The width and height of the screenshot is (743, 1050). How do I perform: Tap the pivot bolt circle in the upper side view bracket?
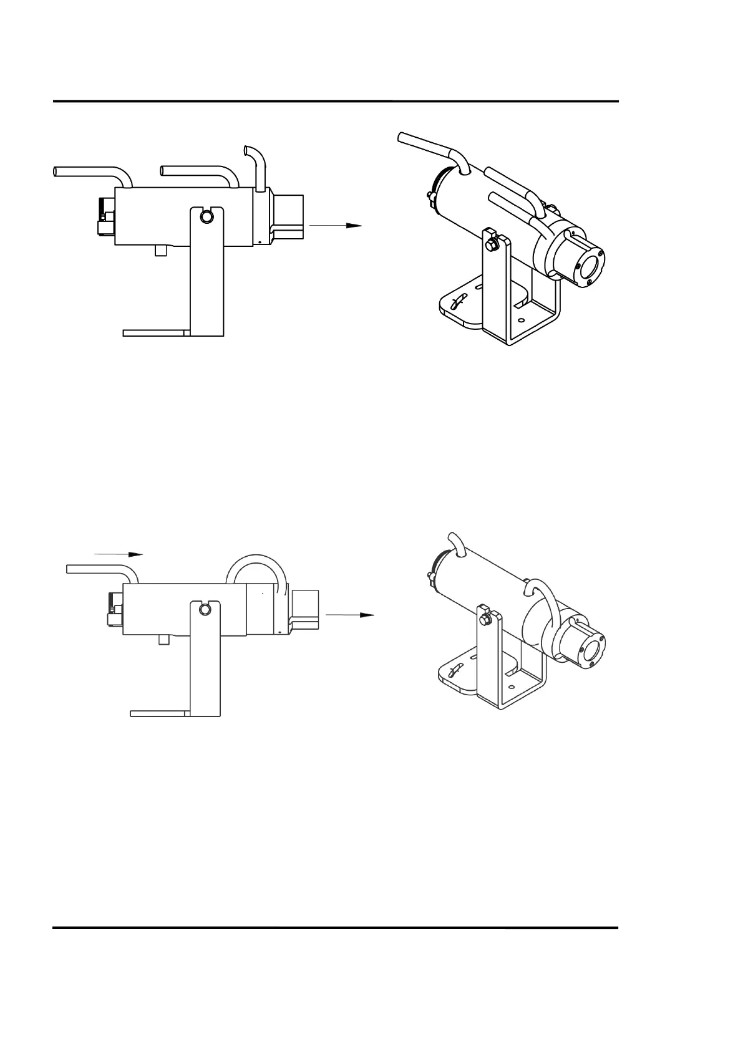(206, 216)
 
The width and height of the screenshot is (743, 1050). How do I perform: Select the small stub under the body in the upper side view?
(161, 250)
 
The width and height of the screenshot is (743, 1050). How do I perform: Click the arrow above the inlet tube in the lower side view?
(119, 554)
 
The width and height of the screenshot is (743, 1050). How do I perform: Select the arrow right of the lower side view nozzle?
(350, 615)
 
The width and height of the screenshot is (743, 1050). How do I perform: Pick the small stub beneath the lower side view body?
(165, 639)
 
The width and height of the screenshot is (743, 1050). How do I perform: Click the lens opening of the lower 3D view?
(590, 652)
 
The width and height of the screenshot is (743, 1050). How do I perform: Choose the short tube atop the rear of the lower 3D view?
(455, 541)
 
